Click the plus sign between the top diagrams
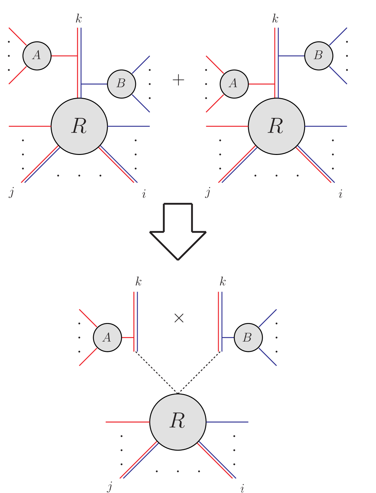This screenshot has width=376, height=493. pyautogui.click(x=178, y=80)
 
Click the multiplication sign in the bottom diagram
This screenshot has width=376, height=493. pyautogui.click(x=179, y=318)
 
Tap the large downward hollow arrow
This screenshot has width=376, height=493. pyautogui.click(x=178, y=232)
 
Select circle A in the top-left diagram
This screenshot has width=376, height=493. pyautogui.click(x=37, y=56)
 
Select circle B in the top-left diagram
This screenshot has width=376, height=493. pyautogui.click(x=121, y=84)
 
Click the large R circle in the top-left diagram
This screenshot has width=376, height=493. pyautogui.click(x=79, y=126)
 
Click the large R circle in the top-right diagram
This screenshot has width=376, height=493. pyautogui.click(x=276, y=126)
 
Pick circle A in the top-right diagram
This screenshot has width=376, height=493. pyautogui.click(x=234, y=84)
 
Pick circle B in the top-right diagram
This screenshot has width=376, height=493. pyautogui.click(x=319, y=56)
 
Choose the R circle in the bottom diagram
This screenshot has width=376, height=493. pyautogui.click(x=178, y=422)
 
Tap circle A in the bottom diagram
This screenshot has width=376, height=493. pyautogui.click(x=107, y=337)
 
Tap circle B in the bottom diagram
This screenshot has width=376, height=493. pyautogui.click(x=248, y=337)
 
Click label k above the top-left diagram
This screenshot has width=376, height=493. pyautogui.click(x=79, y=19)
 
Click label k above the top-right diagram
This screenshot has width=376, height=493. pyautogui.click(x=275, y=19)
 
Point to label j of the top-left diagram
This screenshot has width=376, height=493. pyautogui.click(x=12, y=192)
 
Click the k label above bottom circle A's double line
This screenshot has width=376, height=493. pyautogui.click(x=138, y=282)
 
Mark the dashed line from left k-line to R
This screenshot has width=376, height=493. pyautogui.click(x=156, y=372)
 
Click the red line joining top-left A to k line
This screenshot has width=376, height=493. pyautogui.click(x=64, y=56)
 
